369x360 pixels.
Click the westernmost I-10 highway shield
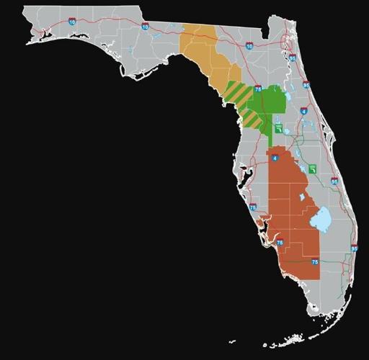[71, 22]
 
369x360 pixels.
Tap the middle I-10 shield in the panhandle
[146, 27]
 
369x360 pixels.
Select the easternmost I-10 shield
[249, 46]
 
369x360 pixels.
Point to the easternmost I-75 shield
[315, 263]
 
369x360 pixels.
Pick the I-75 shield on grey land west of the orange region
[252, 207]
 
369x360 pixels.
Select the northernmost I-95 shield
[292, 58]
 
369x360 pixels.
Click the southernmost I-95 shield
[354, 248]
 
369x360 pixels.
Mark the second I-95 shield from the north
[306, 84]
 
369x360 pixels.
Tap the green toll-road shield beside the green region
[278, 128]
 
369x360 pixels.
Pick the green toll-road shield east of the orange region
[313, 168]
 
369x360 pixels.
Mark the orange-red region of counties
[288, 209]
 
